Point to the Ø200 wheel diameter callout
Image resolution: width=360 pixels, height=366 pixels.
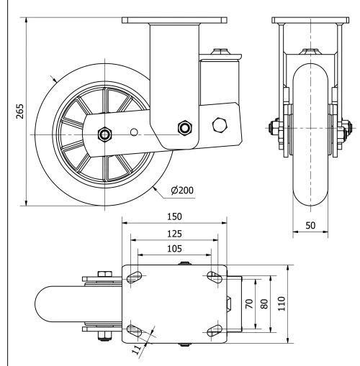coord(184,191)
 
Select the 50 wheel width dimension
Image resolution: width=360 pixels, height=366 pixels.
coord(312,225)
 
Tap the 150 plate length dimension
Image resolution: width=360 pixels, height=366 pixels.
coord(174,215)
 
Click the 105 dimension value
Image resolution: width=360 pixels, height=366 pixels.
coord(174,249)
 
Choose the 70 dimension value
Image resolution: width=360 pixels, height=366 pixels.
coord(248,304)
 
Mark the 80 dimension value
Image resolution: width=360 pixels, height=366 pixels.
coord(264,304)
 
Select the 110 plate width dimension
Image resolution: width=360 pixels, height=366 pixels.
coord(282,304)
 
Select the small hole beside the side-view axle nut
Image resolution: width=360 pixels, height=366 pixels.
coord(135,132)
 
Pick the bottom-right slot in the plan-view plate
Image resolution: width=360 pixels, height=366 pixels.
coord(213,330)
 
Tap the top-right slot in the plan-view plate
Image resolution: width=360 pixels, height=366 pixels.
coord(213,277)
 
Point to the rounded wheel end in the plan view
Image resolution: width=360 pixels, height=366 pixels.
coord(45,303)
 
